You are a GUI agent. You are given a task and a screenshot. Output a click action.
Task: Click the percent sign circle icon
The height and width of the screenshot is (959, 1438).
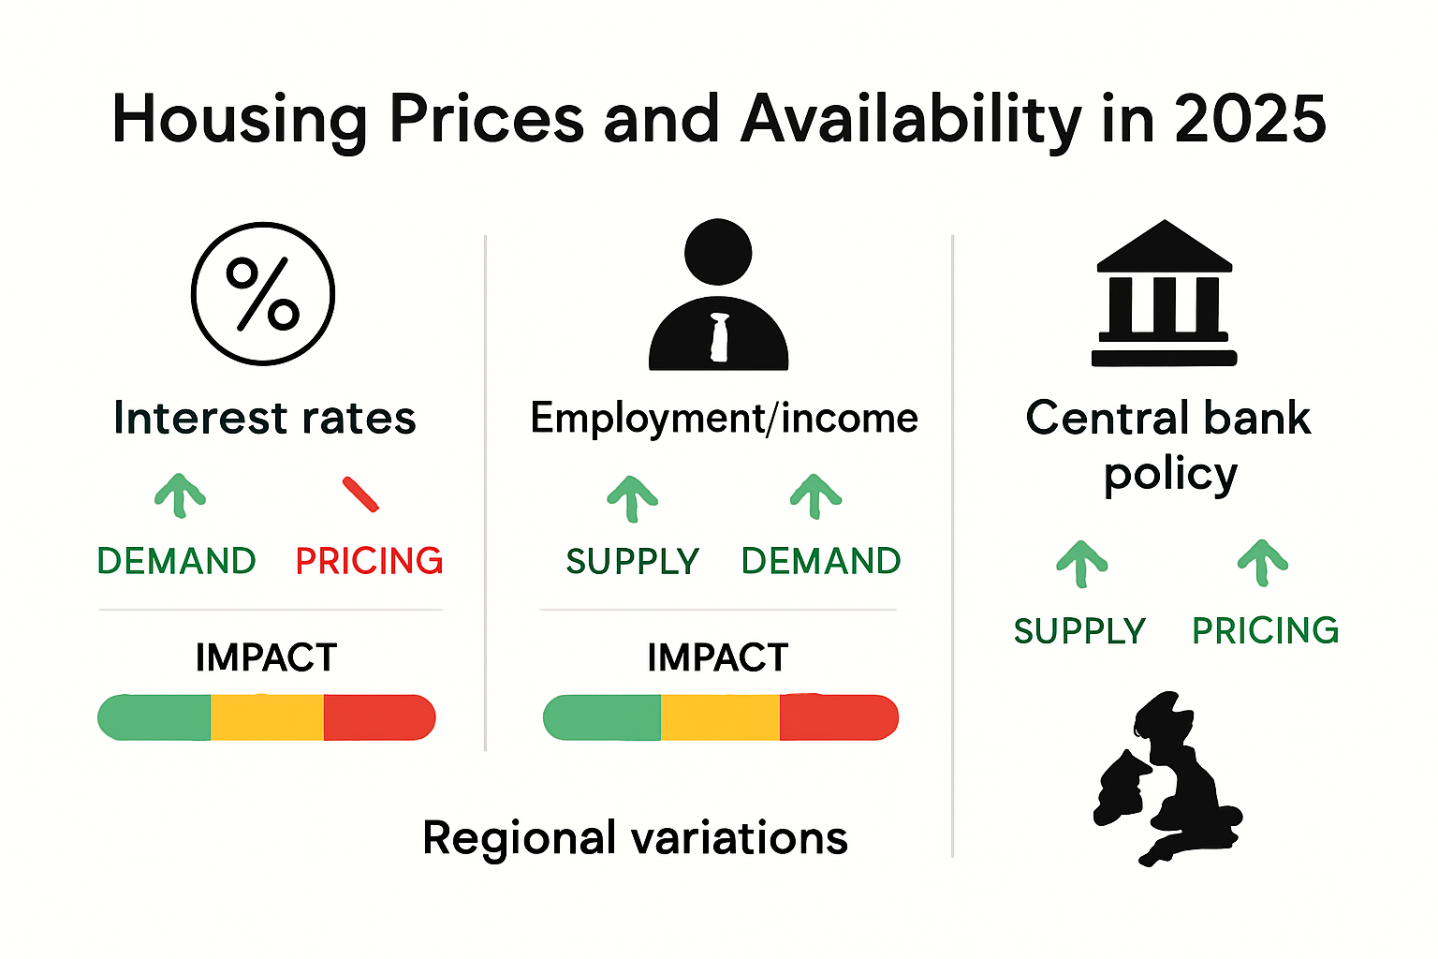tap(263, 293)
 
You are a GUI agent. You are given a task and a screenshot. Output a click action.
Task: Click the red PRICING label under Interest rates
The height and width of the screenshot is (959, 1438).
tap(369, 561)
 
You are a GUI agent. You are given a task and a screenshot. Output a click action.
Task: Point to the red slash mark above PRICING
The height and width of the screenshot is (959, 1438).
tap(360, 494)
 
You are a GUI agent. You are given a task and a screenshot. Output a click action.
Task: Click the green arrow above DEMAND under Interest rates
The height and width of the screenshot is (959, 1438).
tap(180, 495)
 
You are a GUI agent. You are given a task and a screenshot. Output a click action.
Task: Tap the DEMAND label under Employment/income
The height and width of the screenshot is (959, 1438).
tap(821, 561)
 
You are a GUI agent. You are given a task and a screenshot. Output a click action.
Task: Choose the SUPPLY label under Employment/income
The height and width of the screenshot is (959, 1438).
tap(633, 561)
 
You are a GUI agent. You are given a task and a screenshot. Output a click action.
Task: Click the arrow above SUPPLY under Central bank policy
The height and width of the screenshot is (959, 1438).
tap(1081, 564)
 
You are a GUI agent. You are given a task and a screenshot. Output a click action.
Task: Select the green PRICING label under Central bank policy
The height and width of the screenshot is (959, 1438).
tap(1265, 630)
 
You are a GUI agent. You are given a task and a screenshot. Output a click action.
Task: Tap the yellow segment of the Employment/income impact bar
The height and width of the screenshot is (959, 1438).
tap(720, 717)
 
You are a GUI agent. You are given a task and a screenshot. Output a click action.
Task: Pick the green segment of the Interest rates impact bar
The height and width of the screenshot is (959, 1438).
tap(154, 717)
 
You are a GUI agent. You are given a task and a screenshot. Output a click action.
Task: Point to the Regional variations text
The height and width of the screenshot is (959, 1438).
tap(635, 837)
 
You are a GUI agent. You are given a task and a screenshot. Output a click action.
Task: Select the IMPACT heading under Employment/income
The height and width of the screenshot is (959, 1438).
tap(717, 657)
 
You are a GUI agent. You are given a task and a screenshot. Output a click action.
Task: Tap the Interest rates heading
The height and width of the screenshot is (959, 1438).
tap(264, 418)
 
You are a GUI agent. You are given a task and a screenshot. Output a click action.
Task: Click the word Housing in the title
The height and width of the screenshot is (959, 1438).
tap(240, 120)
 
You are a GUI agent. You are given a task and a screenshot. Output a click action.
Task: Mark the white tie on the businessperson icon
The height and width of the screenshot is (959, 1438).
tap(719, 337)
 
